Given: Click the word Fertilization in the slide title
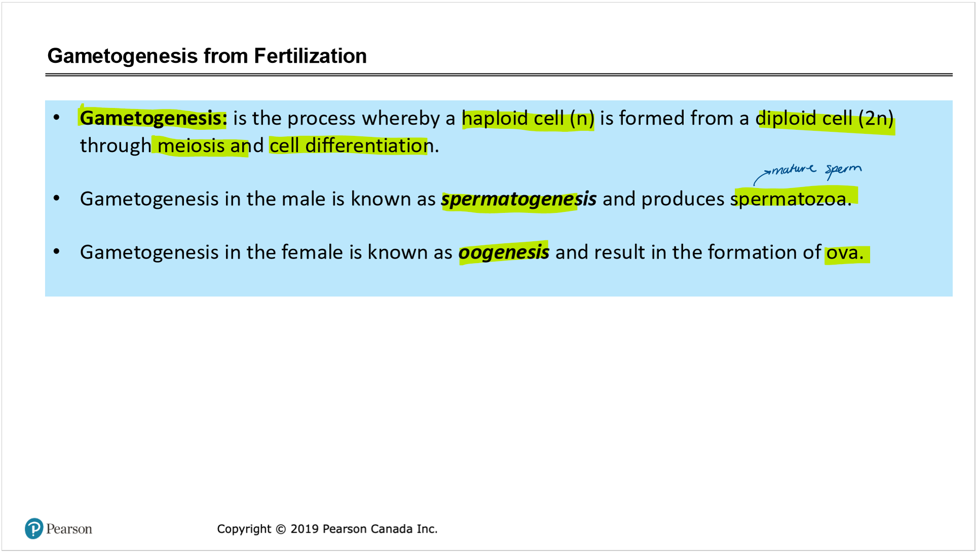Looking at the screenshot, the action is (x=310, y=56).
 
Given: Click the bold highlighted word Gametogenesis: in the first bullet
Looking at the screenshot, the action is (x=153, y=118).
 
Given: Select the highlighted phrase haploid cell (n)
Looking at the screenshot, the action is (x=528, y=119).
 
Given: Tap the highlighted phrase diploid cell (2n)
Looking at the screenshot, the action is (x=825, y=119).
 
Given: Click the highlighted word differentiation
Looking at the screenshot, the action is (x=369, y=146).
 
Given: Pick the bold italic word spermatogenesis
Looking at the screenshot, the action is (x=519, y=199).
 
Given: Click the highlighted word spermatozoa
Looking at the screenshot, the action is (x=791, y=199).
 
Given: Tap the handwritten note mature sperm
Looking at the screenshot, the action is (x=816, y=170).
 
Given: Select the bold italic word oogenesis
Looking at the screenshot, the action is (x=503, y=252).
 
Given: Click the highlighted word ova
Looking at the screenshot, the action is (x=844, y=252).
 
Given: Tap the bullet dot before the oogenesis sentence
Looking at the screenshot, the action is (x=57, y=251).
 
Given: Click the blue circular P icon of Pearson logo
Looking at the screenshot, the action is (x=34, y=529).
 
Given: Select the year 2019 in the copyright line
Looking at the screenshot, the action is (x=304, y=529).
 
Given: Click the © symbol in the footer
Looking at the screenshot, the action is (x=281, y=529).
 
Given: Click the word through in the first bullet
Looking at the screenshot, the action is (x=115, y=146).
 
